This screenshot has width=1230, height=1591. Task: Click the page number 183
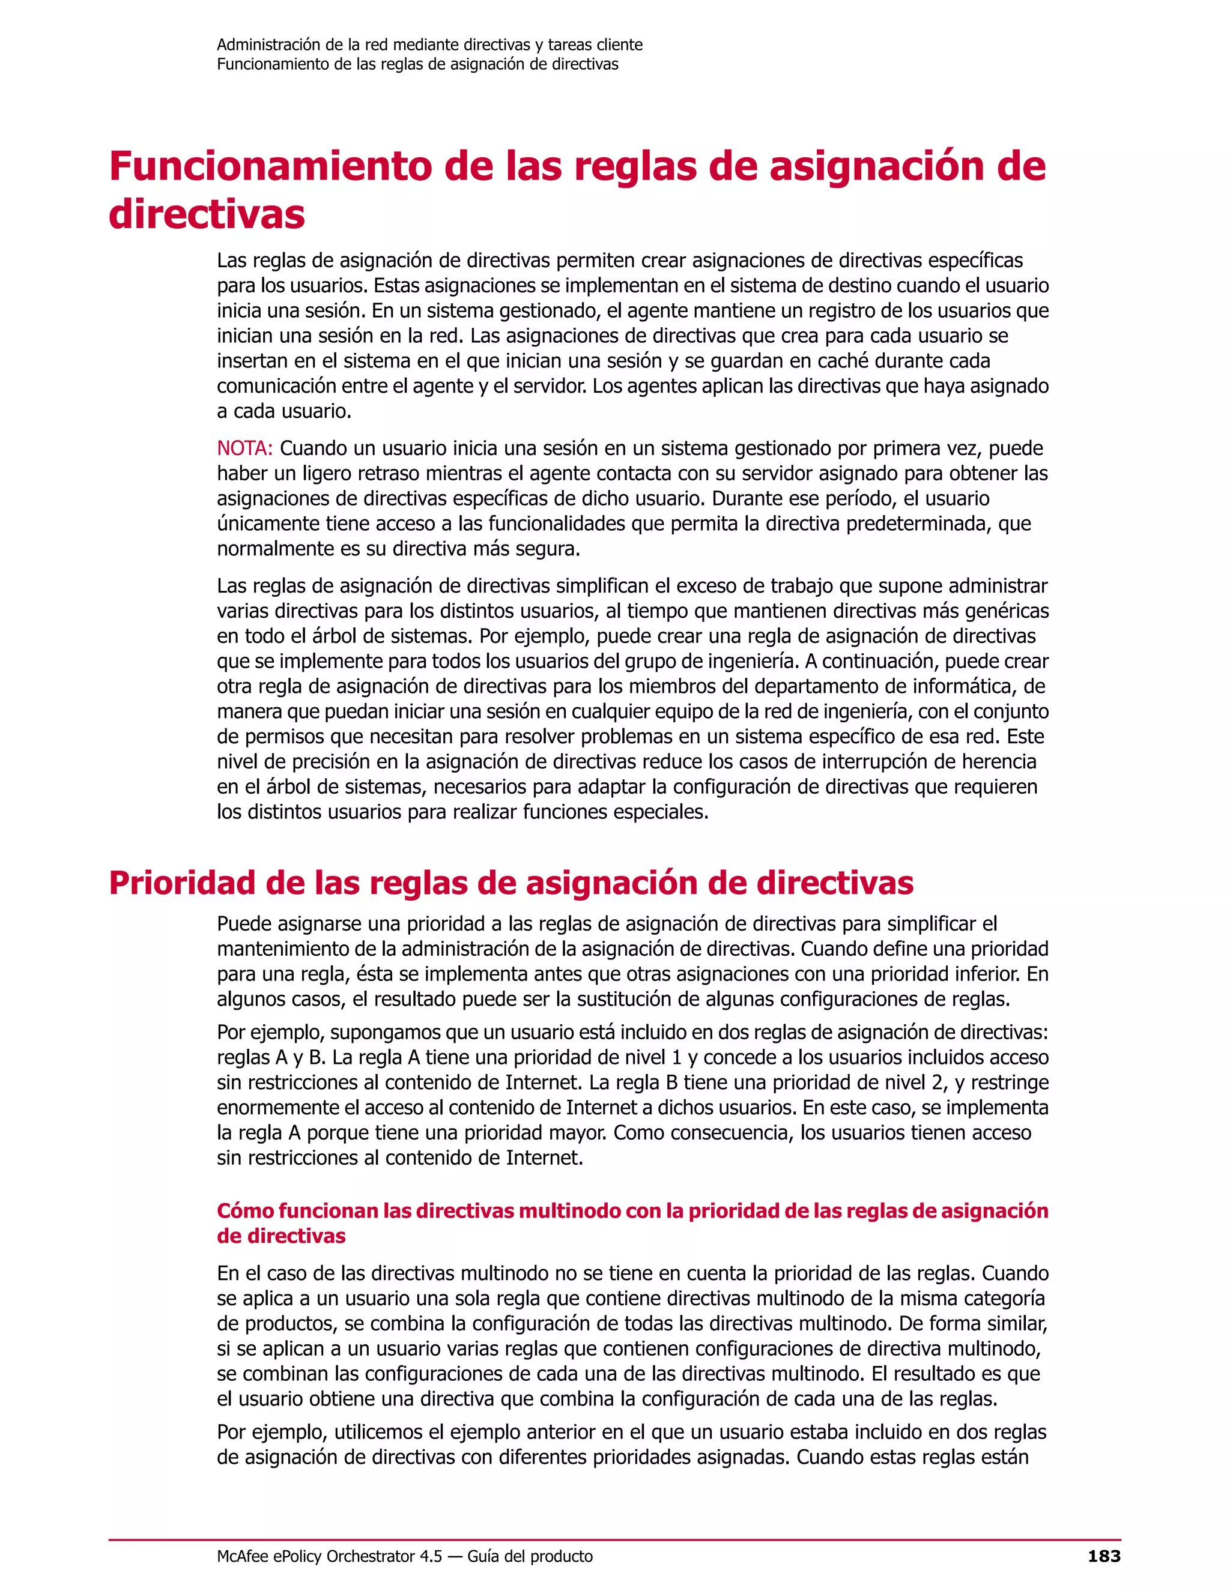click(1104, 1557)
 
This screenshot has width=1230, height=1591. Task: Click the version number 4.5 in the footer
click(431, 1557)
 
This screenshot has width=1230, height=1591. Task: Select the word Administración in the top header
click(268, 44)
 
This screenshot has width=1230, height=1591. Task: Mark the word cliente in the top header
click(619, 44)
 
